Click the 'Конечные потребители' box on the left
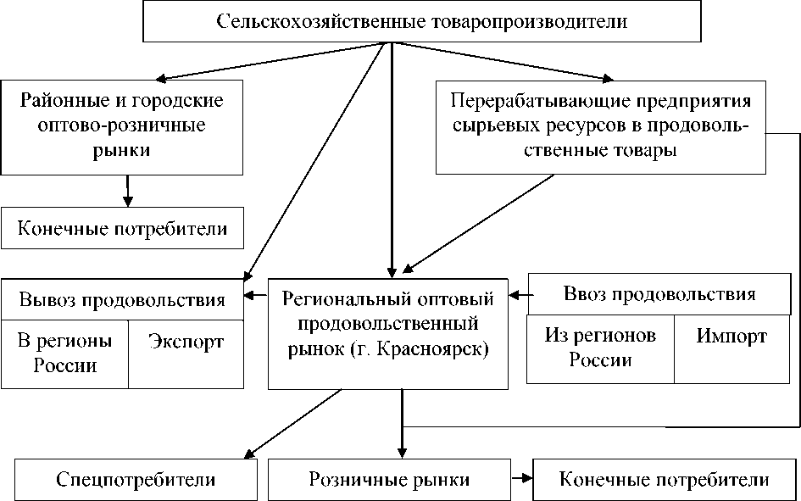126,229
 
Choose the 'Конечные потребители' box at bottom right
664,480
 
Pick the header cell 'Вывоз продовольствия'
123,299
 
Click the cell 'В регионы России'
65,353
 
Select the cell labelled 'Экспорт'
186,342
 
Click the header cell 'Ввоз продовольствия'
659,295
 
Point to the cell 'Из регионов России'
600,348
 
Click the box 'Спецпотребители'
136,480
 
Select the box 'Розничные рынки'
390,480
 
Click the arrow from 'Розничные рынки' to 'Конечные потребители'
522,480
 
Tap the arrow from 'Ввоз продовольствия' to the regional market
519,295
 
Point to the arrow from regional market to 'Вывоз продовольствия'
256,296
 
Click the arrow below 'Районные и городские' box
127,190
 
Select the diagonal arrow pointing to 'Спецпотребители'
292,424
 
